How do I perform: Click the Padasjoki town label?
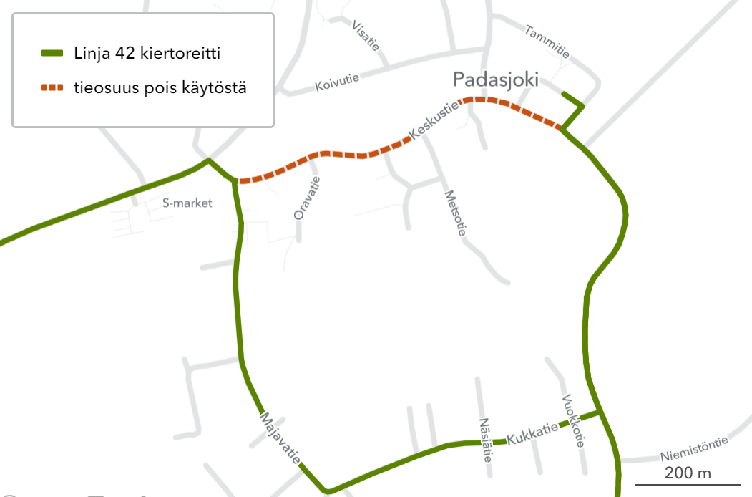pyautogui.click(x=495, y=79)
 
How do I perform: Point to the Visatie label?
pyautogui.click(x=366, y=35)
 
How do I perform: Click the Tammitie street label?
pyautogui.click(x=547, y=42)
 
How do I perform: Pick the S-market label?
pyautogui.click(x=187, y=203)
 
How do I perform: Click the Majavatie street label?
pyautogui.click(x=280, y=438)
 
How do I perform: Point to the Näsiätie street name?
pyautogui.click(x=486, y=439)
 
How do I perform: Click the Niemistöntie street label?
pyautogui.click(x=694, y=448)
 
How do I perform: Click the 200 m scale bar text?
pyautogui.click(x=688, y=473)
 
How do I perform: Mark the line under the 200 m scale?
pyautogui.click(x=688, y=485)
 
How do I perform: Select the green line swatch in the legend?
pyautogui.click(x=53, y=53)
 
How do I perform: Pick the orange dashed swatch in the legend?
pyautogui.click(x=53, y=88)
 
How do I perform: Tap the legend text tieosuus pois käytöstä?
pyautogui.click(x=160, y=88)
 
